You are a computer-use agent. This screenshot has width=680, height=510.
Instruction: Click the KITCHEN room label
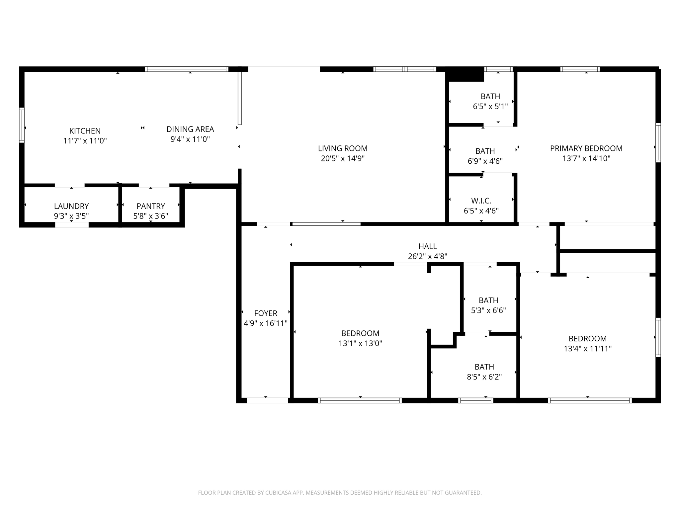pos(85,131)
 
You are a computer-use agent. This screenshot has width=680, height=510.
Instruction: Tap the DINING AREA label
pos(190,129)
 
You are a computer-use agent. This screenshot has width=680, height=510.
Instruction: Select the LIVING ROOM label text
pos(343,148)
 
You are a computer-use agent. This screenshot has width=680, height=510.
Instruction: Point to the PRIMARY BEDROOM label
pos(586,148)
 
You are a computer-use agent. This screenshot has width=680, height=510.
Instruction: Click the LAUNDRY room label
pos(71,206)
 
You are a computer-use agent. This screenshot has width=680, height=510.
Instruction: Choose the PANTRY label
pos(151,206)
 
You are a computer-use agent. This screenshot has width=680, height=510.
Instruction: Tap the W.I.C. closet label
pos(481,201)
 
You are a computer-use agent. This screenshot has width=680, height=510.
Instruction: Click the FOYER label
pos(266,313)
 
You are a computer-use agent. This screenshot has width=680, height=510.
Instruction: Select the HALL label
pos(428,246)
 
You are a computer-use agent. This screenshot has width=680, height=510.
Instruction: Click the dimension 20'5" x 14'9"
pos(343,158)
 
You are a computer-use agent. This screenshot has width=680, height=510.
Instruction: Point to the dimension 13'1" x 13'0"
pos(360,343)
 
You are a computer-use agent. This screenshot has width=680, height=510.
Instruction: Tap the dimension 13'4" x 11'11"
pos(588,349)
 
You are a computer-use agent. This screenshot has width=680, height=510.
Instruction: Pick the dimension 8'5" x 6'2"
pos(484,377)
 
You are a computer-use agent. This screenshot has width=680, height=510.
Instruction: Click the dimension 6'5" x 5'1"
pos(490,107)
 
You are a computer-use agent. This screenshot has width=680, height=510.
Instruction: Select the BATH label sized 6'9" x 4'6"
pos(485,151)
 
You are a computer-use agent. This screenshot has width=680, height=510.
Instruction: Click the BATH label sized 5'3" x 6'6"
pos(488,300)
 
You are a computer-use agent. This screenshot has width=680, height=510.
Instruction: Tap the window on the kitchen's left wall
pos(22,125)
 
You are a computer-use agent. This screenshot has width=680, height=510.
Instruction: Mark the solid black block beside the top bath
pos(465,74)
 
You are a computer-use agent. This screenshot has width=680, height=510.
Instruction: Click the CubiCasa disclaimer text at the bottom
pos(340,493)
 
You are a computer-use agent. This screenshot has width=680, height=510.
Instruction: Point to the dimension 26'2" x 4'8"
pos(428,256)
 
